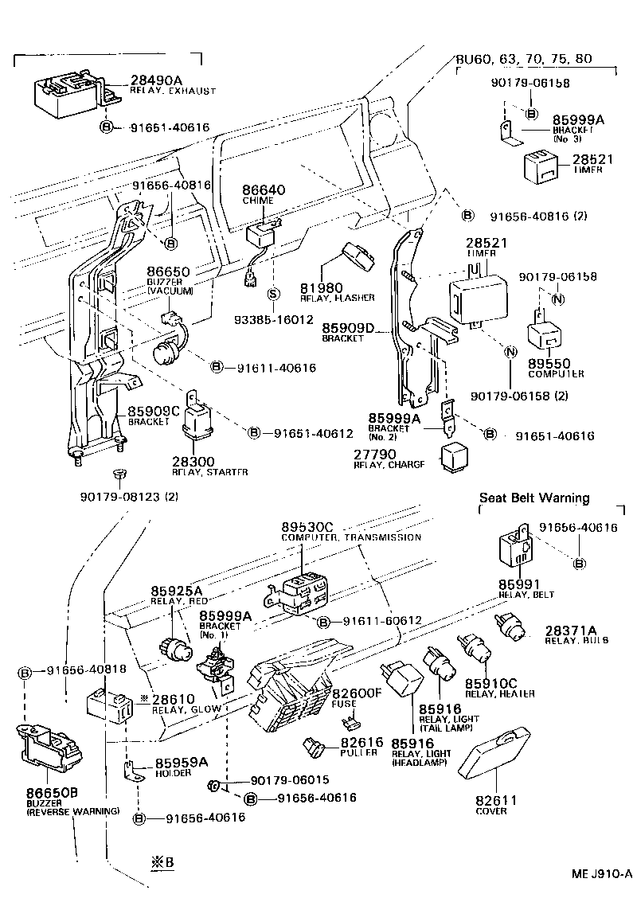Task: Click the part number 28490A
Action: coord(156,80)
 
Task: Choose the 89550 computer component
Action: coord(543,338)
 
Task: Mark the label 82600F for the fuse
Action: coord(357,693)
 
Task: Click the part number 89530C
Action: coord(308,527)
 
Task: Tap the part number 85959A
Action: coord(181,762)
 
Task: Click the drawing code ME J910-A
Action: coord(601,873)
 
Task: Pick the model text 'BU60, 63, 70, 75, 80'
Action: coord(523,59)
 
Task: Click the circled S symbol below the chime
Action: coord(272,294)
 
